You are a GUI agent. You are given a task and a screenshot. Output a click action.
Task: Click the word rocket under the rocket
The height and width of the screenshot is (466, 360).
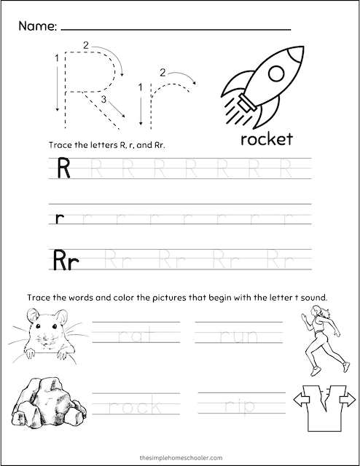point(263,138)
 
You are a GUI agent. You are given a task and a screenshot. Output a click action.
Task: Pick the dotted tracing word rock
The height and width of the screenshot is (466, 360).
point(136,406)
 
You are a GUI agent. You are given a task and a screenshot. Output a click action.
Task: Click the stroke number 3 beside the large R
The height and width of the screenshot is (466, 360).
point(103,100)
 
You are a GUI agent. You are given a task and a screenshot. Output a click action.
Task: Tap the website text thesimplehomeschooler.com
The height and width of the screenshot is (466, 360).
point(179,451)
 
